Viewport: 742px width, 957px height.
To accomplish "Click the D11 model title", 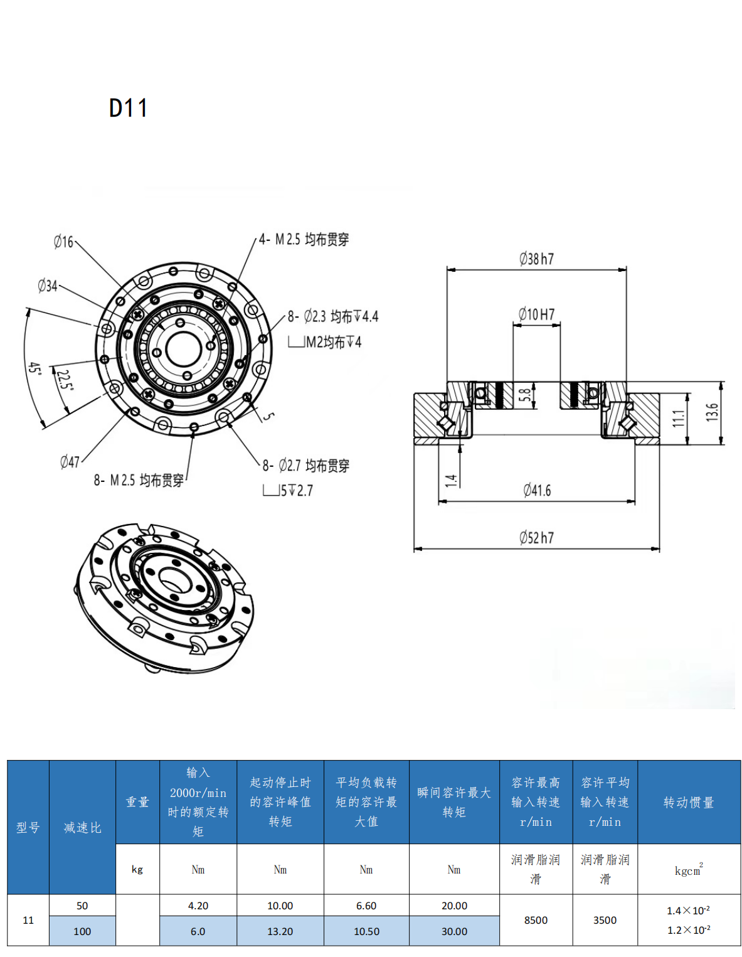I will [129, 109].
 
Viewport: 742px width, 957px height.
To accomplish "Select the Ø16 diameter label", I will [63, 242].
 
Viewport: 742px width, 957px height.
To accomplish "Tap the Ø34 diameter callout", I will [48, 286].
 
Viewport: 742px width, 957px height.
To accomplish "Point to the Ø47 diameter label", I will [70, 462].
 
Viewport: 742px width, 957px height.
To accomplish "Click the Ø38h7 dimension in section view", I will [536, 259].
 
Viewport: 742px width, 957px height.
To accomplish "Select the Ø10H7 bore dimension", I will [536, 314].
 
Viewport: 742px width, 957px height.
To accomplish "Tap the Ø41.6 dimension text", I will [537, 490].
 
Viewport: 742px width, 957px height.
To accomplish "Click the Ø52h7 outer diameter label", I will [536, 538].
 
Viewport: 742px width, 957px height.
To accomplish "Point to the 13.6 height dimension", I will [711, 412].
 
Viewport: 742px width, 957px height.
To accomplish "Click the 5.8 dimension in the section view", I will [525, 395].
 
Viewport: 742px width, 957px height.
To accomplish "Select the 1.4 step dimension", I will [450, 481].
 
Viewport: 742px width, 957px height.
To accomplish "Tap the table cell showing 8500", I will [536, 920].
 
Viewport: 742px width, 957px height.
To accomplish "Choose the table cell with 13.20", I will [280, 931].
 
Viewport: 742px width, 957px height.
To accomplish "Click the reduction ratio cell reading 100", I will [82, 931].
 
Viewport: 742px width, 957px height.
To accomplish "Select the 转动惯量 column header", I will [689, 802].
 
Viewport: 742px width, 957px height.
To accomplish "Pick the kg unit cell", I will [137, 869].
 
